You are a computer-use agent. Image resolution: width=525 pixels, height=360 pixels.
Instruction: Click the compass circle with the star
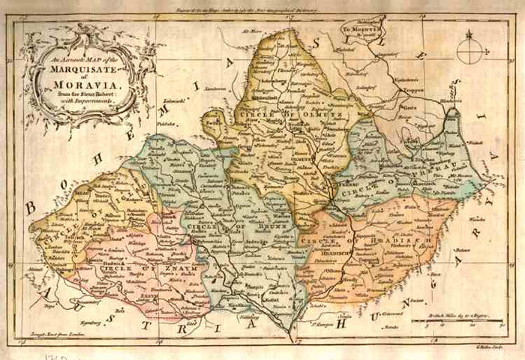point(471,50)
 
